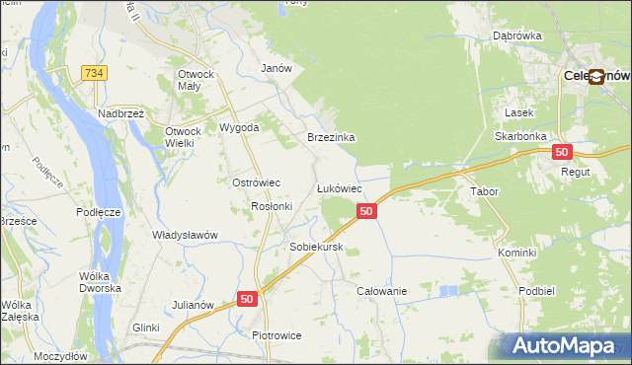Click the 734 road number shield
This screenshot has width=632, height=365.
click(95, 73)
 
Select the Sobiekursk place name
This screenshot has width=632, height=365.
click(315, 247)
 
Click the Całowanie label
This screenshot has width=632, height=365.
click(382, 291)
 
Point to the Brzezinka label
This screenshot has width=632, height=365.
click(331, 138)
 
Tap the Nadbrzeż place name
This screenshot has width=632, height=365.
click(121, 113)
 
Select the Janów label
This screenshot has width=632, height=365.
click(276, 68)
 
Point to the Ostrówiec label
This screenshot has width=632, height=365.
click(257, 183)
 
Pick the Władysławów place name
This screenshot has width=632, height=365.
click(185, 235)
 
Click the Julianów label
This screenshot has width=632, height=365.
click(194, 305)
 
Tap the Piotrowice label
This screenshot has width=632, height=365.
click(276, 335)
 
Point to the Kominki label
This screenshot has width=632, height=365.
click(517, 253)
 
